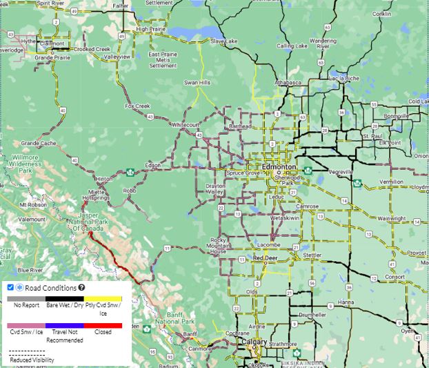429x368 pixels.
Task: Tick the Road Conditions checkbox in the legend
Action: (x=10, y=287)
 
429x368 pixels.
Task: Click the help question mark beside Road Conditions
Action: (x=81, y=287)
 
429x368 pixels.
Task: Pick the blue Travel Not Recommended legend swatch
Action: (x=65, y=325)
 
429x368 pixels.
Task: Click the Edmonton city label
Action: (x=279, y=168)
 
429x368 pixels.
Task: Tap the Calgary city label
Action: (x=255, y=342)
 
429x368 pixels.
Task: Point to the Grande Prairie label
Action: (x=53, y=58)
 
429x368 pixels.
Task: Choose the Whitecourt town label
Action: (x=184, y=124)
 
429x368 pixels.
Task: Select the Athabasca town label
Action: (x=286, y=83)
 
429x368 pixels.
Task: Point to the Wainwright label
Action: (x=391, y=218)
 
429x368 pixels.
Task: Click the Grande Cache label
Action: (x=38, y=143)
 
